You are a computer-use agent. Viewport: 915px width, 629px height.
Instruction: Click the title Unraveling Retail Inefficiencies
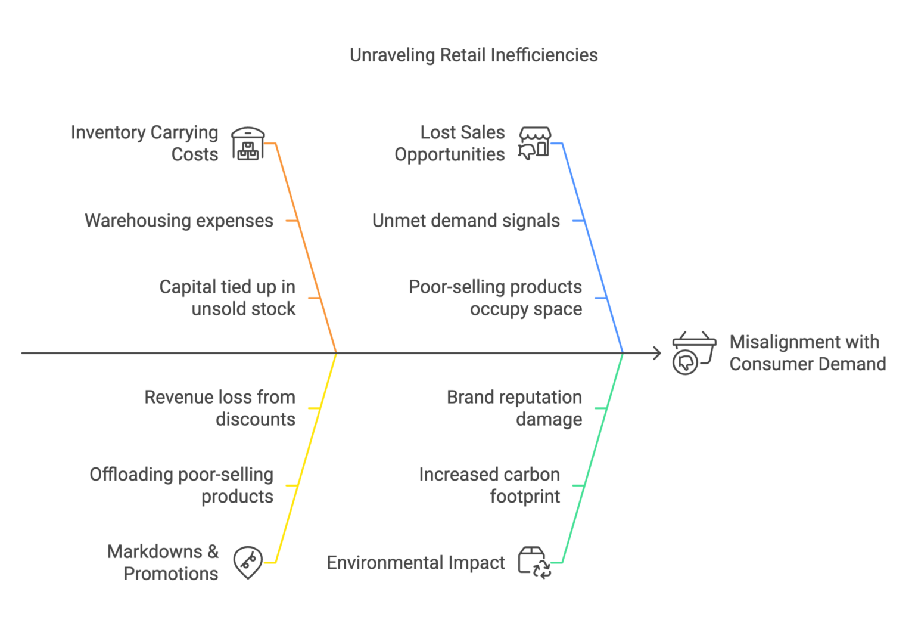pos(473,55)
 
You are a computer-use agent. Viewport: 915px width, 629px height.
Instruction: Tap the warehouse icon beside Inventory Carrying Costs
pos(248,143)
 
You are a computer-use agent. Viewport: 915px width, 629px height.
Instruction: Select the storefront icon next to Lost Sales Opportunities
pos(534,143)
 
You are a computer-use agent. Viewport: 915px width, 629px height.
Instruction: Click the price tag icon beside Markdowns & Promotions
pos(248,562)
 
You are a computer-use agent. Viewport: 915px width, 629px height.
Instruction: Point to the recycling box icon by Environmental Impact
pos(534,562)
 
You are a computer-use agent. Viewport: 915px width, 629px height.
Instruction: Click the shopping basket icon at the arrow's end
pos(693,353)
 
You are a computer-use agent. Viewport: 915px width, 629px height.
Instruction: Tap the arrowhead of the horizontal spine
pos(658,353)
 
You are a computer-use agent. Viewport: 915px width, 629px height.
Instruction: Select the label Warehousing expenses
pos(179,221)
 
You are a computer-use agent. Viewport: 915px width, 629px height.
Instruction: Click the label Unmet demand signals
pos(466,221)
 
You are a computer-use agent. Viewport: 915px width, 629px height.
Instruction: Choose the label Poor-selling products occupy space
pos(496,298)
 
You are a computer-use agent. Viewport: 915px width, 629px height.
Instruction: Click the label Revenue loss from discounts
pos(220,408)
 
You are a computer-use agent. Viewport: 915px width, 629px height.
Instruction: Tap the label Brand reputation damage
pos(515,408)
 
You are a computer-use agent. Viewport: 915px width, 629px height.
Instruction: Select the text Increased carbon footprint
pos(490,485)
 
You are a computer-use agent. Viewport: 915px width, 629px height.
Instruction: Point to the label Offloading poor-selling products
pos(182,485)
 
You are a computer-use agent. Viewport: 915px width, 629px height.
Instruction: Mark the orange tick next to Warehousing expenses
pos(291,221)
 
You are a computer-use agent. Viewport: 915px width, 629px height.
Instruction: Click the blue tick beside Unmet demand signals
pos(577,221)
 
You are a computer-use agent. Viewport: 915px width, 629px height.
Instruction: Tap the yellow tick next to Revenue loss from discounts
pos(313,408)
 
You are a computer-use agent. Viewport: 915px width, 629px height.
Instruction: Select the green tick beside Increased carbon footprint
pos(577,485)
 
